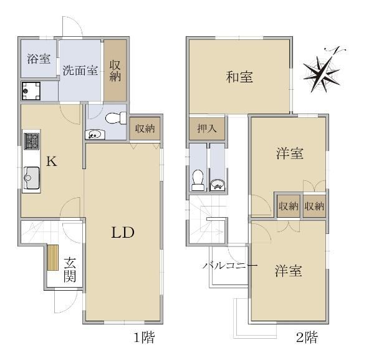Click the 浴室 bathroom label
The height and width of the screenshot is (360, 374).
tap(39, 59)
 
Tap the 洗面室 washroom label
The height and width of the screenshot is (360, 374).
tap(80, 71)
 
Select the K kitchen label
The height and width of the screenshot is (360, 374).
tap(52, 161)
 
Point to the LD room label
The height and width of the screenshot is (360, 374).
tap(123, 232)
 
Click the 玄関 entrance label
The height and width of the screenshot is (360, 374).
tap(70, 270)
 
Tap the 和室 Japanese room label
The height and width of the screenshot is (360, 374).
tap(239, 77)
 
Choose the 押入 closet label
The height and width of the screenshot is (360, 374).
tap(207, 129)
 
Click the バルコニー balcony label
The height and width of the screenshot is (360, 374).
tap(230, 265)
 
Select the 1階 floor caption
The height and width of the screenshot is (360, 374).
tap(144, 338)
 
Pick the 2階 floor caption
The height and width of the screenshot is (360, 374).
tap(307, 338)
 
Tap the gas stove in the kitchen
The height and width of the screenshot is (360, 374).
tap(32, 141)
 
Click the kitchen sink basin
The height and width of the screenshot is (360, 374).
tap(31, 178)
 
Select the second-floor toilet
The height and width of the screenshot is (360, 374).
tap(198, 180)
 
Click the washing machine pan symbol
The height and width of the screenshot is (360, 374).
tap(31, 91)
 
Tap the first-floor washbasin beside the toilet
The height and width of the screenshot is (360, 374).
tap(95, 135)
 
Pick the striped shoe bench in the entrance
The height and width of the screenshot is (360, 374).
tap(53, 258)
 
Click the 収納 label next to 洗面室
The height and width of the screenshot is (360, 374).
tap(115, 71)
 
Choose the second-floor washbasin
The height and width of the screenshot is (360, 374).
tap(217, 185)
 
